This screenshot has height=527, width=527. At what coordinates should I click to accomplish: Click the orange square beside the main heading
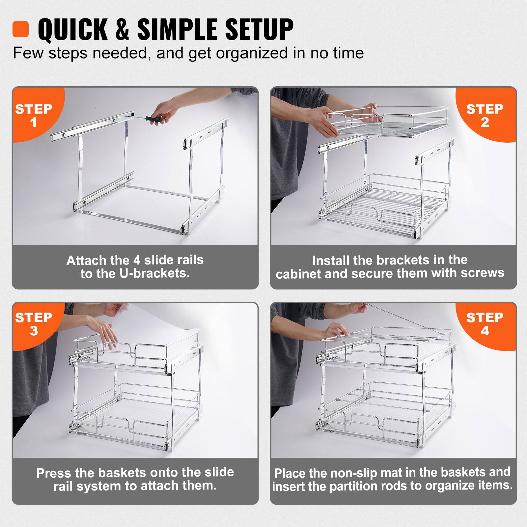[20, 29]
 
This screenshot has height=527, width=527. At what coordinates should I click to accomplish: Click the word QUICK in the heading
[72, 29]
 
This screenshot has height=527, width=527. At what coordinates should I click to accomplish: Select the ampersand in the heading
[122, 29]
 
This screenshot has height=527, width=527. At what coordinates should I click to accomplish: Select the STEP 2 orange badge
[485, 115]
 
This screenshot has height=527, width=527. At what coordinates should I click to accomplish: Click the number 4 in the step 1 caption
[137, 260]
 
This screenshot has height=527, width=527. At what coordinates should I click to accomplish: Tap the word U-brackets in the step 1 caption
[154, 274]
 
